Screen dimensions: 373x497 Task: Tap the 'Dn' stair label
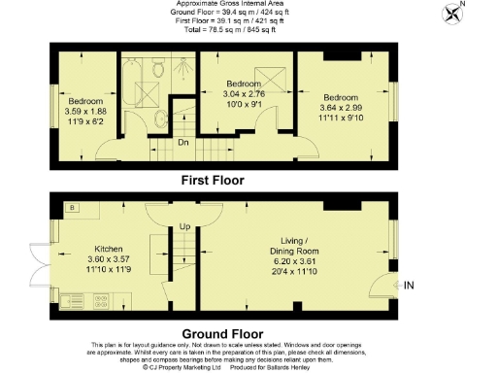pyautogui.click(x=182, y=144)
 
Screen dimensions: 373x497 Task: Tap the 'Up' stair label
pyautogui.click(x=182, y=227)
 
